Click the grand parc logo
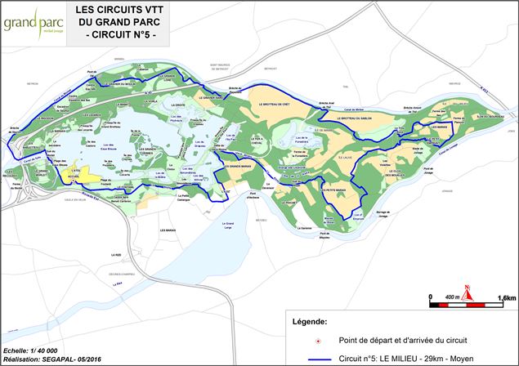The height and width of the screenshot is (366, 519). tap(29, 25)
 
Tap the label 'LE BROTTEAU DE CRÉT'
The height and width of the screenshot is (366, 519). tap(274, 105)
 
